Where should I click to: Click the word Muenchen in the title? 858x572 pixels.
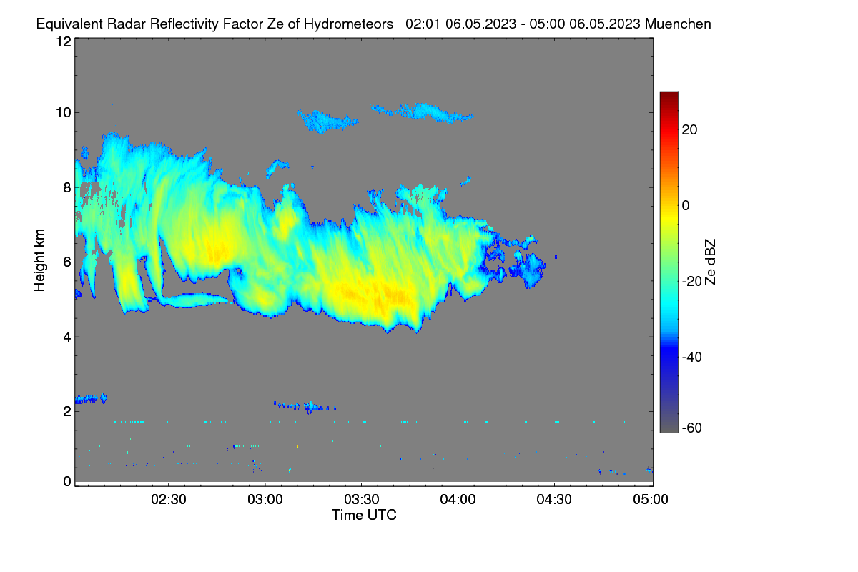(678, 24)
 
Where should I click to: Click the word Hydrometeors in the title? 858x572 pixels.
(348, 24)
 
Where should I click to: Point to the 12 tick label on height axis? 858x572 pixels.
(64, 41)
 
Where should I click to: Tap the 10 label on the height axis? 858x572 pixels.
(64, 113)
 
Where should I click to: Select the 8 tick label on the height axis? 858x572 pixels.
(67, 187)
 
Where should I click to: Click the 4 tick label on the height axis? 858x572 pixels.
(67, 337)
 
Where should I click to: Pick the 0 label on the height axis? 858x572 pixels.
(67, 482)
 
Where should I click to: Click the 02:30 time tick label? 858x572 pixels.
(169, 499)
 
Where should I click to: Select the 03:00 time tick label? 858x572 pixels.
(265, 499)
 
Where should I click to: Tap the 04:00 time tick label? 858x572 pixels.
(458, 499)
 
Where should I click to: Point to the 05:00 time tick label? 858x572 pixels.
(651, 499)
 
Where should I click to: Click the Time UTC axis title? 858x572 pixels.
(364, 515)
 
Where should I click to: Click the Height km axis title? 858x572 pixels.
(39, 260)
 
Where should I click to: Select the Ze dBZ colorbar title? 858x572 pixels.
(710, 262)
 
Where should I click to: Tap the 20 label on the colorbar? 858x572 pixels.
(689, 130)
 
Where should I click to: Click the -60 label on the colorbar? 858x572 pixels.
(692, 428)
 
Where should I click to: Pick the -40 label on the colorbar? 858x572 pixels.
(692, 357)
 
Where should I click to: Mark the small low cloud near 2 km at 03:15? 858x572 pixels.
(305, 406)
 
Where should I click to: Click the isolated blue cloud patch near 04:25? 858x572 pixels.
(531, 268)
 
